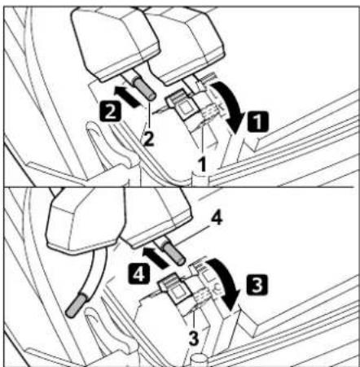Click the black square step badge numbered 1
click(x=258, y=121)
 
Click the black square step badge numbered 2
click(x=110, y=111)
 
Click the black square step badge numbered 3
click(x=257, y=285)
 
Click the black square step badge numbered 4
click(x=139, y=273)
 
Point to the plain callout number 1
click(x=202, y=164)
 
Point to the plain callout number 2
click(x=149, y=139)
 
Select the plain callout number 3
click(x=194, y=339)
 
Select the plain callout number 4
click(x=217, y=218)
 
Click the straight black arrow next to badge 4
click(x=156, y=257)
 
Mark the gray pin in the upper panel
click(x=145, y=88)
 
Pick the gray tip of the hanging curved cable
click(x=77, y=305)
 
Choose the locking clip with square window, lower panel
click(x=175, y=288)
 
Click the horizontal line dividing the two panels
click(x=179, y=186)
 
